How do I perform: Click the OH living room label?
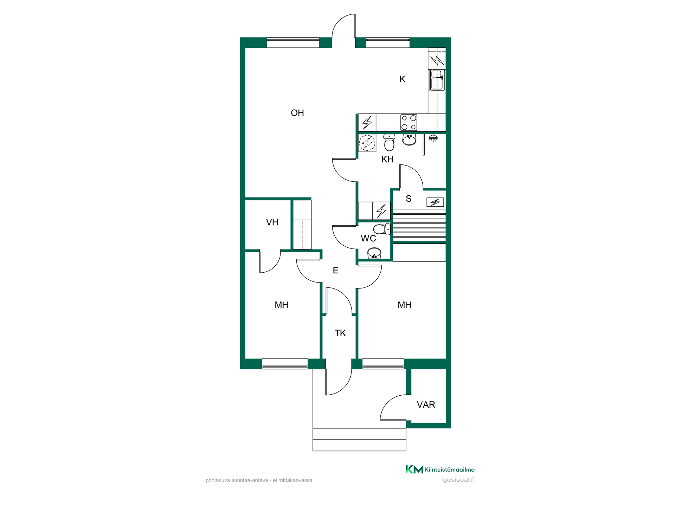(x=297, y=113)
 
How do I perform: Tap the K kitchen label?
(x=402, y=79)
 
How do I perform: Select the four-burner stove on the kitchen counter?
(x=409, y=123)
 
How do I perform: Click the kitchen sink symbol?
(x=438, y=80)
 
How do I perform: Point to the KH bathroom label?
(x=387, y=159)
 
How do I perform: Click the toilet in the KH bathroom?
(x=389, y=142)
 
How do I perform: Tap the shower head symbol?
(x=433, y=138)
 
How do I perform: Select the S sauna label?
(x=408, y=199)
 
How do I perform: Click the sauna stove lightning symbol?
(x=435, y=202)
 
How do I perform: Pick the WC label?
(x=368, y=239)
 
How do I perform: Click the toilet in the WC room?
(x=381, y=229)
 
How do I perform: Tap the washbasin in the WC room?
(x=374, y=253)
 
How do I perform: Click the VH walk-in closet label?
(x=272, y=222)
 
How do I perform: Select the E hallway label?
(x=335, y=270)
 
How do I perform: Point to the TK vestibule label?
(x=340, y=333)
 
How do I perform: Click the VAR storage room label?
(x=426, y=405)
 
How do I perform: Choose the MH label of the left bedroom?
(x=281, y=305)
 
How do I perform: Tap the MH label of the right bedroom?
(x=404, y=305)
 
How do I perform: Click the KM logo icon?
(x=414, y=469)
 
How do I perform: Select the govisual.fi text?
(x=458, y=480)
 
